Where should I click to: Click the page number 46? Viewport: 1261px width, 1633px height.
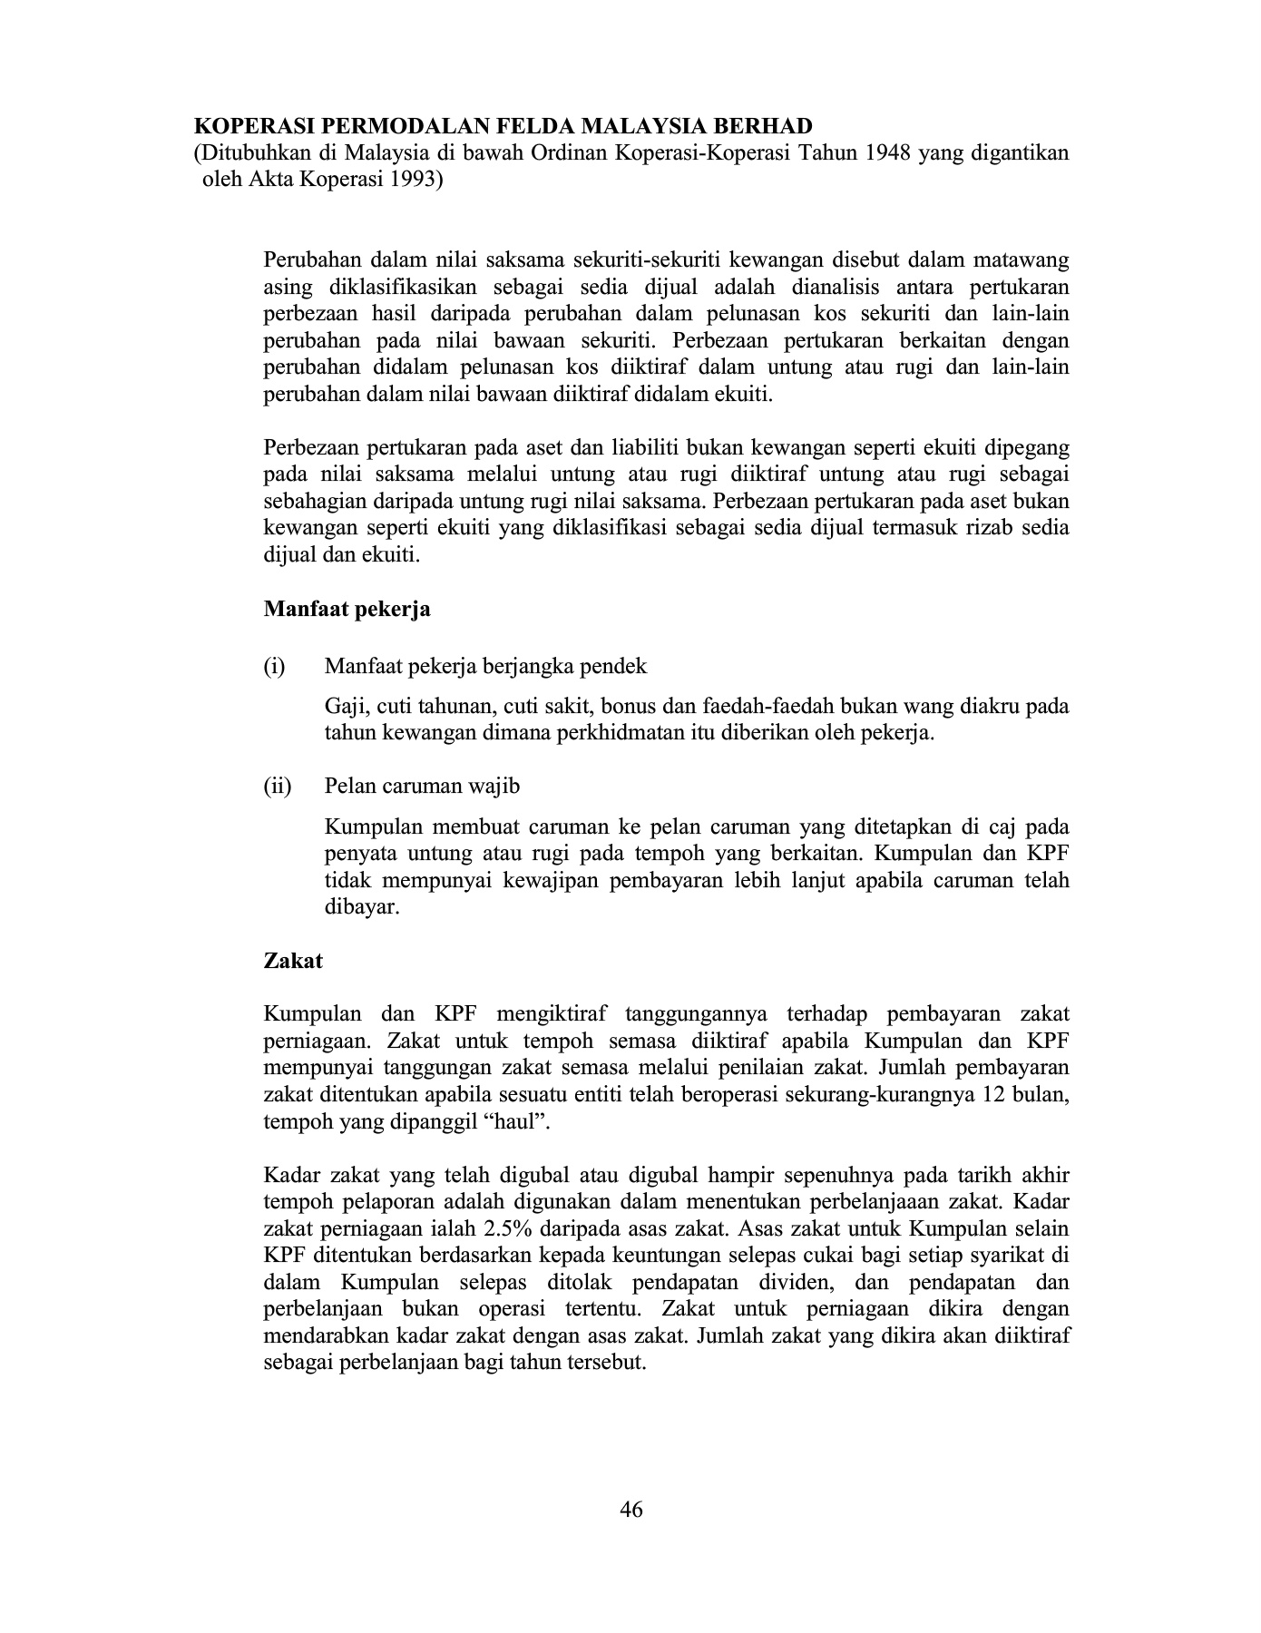(x=631, y=1510)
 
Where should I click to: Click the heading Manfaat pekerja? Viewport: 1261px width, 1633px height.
(x=347, y=609)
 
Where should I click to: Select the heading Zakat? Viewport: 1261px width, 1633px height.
(x=293, y=961)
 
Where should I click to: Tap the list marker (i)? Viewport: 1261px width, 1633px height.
(x=274, y=667)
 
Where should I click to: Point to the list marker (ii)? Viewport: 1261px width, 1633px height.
(x=278, y=786)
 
